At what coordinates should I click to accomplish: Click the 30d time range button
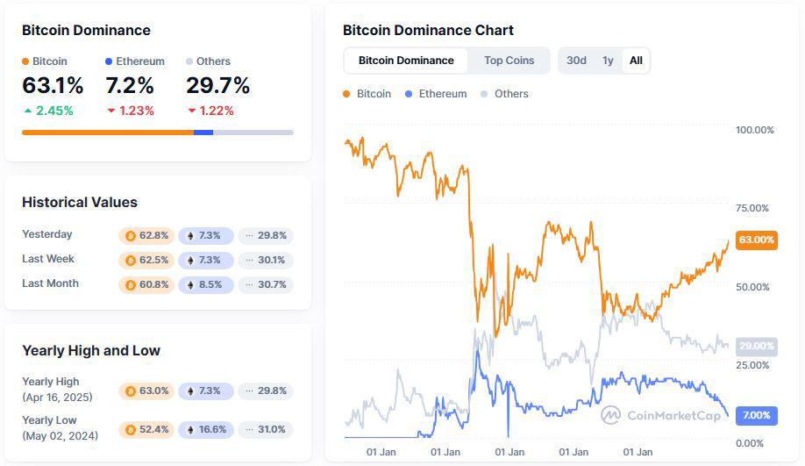[576, 61]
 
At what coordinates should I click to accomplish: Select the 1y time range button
[608, 61]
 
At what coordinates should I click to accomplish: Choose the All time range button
[636, 61]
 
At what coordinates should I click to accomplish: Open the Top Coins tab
[509, 61]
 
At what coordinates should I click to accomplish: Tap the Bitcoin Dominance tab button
[406, 61]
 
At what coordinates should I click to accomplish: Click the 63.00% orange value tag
[756, 240]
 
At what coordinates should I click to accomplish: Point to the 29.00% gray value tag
[756, 346]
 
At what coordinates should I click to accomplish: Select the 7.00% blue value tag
[756, 415]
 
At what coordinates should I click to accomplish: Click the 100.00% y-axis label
[754, 130]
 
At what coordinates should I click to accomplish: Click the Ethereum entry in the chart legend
[436, 94]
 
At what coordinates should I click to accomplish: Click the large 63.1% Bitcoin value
[53, 86]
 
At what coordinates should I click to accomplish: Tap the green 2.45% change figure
[48, 111]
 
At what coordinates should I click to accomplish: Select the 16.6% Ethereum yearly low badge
[206, 430]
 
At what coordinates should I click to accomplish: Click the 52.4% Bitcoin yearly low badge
[146, 430]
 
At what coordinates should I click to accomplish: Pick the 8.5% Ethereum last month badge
[206, 284]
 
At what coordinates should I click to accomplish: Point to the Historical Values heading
[80, 202]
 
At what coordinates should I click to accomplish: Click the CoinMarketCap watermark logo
[661, 415]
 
